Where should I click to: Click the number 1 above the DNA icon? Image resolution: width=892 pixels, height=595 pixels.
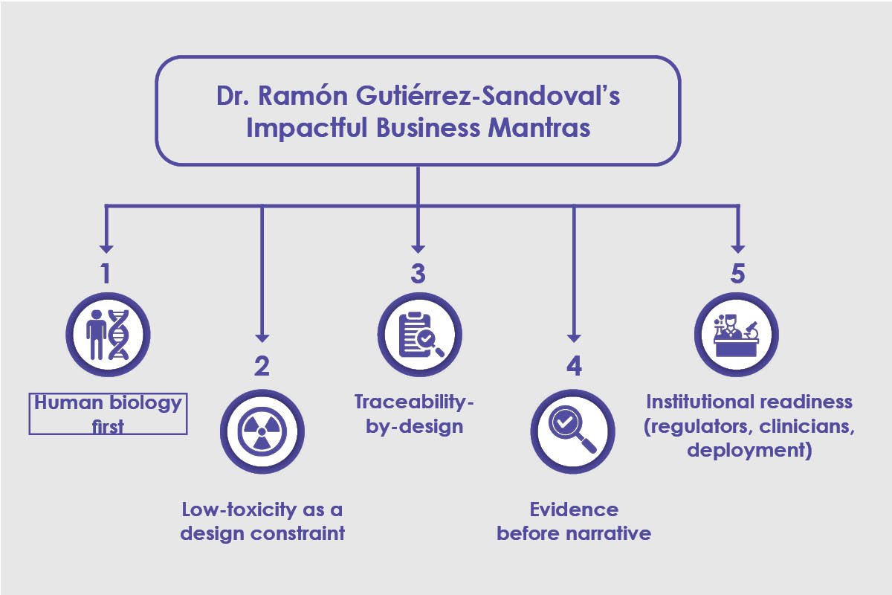(x=106, y=274)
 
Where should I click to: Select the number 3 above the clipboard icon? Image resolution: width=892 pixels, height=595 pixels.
(x=418, y=274)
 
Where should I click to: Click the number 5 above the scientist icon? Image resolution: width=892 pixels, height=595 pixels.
(x=737, y=274)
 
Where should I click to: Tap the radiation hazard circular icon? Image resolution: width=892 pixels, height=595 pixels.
(x=262, y=429)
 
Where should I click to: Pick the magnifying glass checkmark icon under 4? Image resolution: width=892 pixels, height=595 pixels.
(x=574, y=429)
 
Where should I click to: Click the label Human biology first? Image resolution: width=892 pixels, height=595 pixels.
(x=108, y=414)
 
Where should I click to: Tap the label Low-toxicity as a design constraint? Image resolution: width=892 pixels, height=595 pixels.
(x=263, y=521)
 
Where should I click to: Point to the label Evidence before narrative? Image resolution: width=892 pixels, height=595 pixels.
(x=574, y=521)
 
